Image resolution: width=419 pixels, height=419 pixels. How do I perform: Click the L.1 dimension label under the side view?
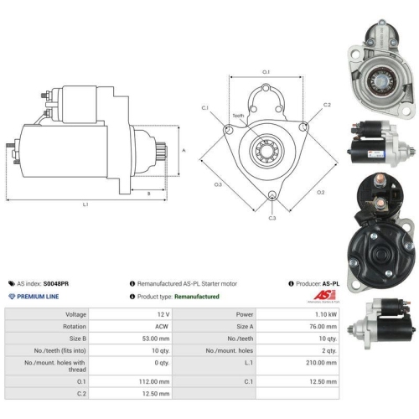[x=85, y=204]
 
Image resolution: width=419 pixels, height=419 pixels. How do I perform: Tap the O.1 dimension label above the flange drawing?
[x=266, y=72]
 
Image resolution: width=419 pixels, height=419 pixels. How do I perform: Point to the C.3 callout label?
[x=272, y=218]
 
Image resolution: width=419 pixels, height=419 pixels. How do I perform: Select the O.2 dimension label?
[x=321, y=192]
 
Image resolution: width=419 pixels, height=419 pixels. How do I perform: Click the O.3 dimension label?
[x=218, y=184]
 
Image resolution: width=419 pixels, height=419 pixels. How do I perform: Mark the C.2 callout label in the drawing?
[x=327, y=105]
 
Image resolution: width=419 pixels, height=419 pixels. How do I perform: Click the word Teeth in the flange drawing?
[x=238, y=116]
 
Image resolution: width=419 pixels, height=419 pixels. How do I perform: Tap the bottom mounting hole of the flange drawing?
[x=272, y=194]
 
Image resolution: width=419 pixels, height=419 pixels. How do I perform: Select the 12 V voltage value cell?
[x=163, y=314]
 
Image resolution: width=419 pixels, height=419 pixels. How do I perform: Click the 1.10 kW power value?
[x=326, y=314]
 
